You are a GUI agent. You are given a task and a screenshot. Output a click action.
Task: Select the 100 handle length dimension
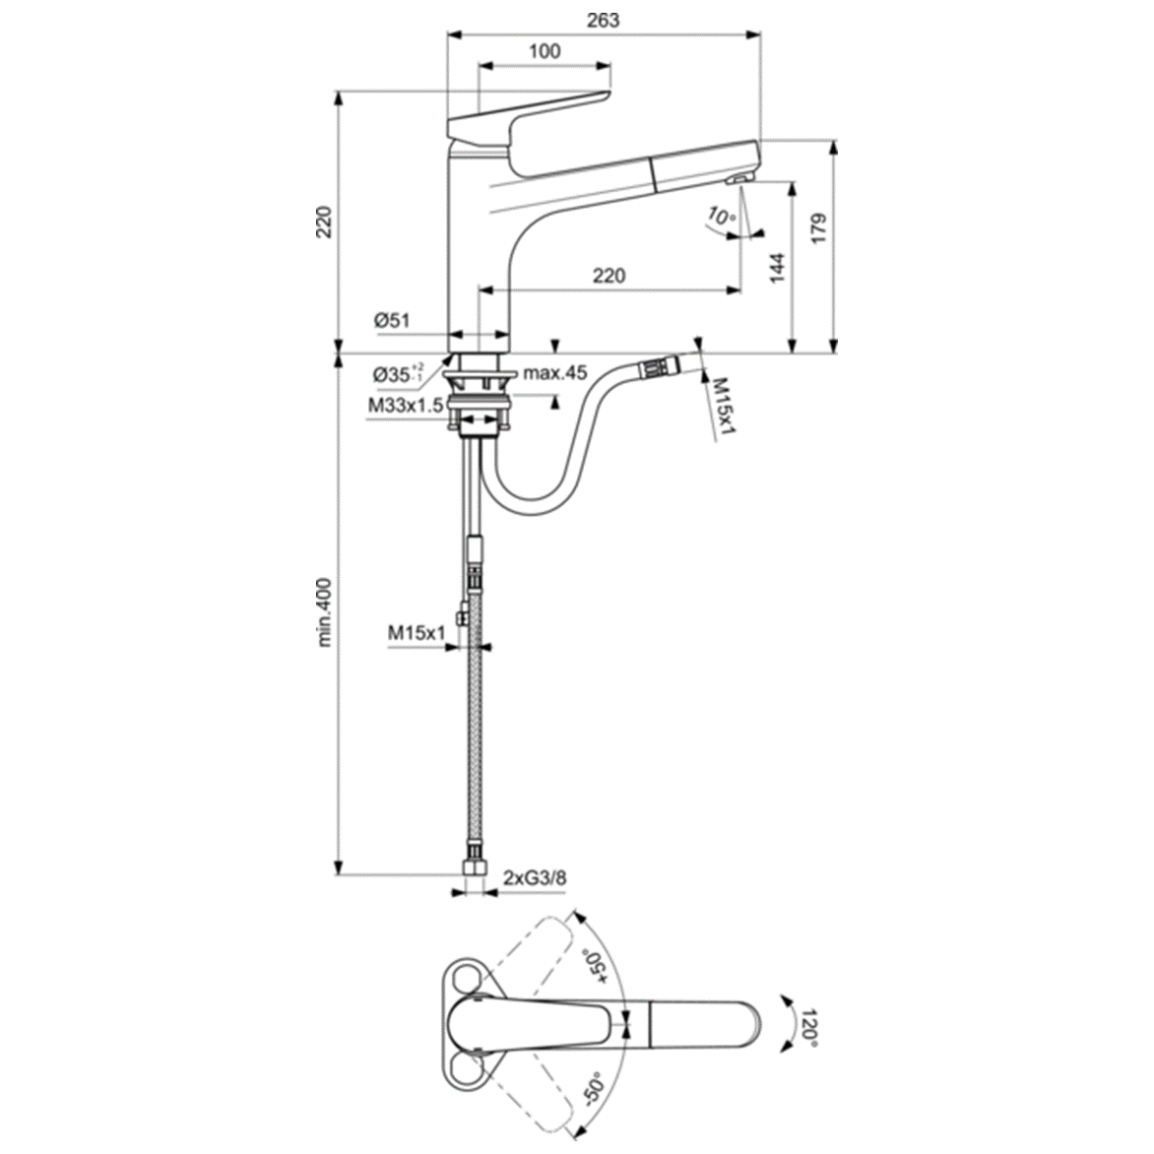point(544,51)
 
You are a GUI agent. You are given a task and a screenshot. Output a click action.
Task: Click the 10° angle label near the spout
point(721,218)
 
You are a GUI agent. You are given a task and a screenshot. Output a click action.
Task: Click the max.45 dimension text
point(554,373)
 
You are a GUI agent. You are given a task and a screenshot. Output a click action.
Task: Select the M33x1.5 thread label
point(406,405)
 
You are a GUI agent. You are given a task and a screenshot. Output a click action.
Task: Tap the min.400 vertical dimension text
point(326,612)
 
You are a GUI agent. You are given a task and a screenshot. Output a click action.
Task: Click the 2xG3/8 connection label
point(535,876)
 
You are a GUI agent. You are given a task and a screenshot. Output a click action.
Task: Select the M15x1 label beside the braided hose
point(417,632)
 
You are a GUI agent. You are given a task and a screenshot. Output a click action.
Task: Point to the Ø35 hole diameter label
point(398,374)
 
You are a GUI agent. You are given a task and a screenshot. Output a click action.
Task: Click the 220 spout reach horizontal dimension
point(609,276)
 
